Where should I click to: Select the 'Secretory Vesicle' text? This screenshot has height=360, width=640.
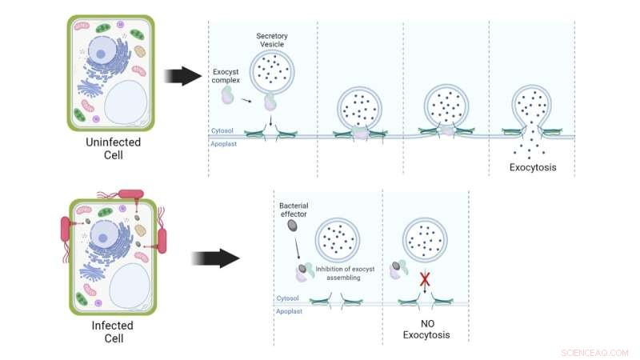click(272, 42)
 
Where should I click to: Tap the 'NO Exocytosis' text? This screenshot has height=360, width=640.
click(426, 328)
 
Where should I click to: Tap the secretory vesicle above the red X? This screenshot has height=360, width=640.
click(426, 238)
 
